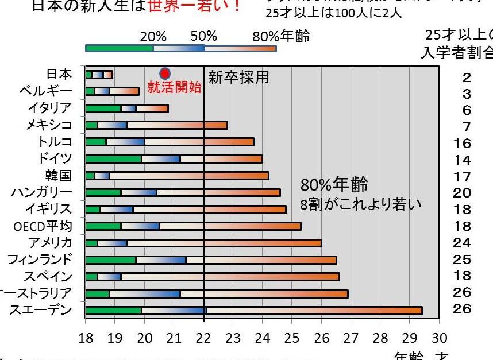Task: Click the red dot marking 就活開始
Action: pyautogui.click(x=165, y=73)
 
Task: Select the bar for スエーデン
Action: pyautogui.click(x=253, y=311)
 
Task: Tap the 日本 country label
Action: pyautogui.click(x=59, y=74)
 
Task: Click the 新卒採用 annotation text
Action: pyautogui.click(x=238, y=78)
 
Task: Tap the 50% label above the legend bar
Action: pyautogui.click(x=204, y=37)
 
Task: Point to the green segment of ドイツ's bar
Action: pyautogui.click(x=113, y=158)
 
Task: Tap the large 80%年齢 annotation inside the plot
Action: pyautogui.click(x=334, y=185)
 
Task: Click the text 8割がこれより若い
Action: pyautogui.click(x=360, y=204)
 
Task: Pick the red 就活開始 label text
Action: pyautogui.click(x=175, y=88)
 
